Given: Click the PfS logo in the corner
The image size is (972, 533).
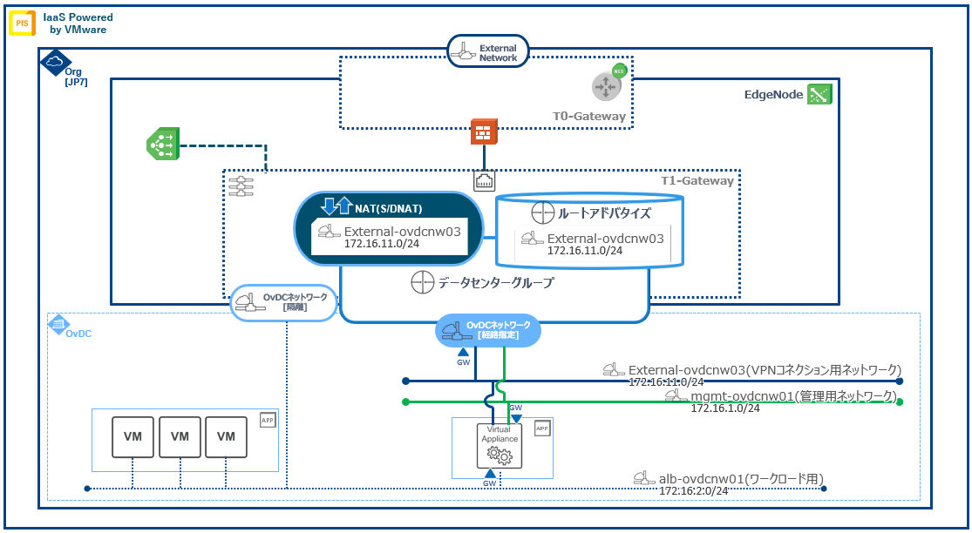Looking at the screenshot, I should tap(21, 23).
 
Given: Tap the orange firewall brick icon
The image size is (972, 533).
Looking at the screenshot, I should tap(483, 132).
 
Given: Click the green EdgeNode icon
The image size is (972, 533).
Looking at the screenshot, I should tap(819, 94).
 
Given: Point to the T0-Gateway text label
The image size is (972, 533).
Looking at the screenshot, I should tap(588, 116).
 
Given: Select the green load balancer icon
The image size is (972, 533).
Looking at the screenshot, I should tap(162, 144).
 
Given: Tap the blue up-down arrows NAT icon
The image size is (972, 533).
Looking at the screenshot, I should tap(336, 207).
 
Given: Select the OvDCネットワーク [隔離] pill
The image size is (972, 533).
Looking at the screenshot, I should tap(283, 302).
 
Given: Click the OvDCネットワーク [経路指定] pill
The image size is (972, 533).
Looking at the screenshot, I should tap(487, 330).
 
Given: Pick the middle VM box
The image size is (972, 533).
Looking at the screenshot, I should tap(180, 436).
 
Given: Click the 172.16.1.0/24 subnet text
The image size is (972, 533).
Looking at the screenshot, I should tap(725, 408).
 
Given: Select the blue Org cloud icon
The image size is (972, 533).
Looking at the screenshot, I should tap(54, 61).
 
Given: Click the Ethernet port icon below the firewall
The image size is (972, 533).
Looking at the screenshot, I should tap(485, 180).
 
